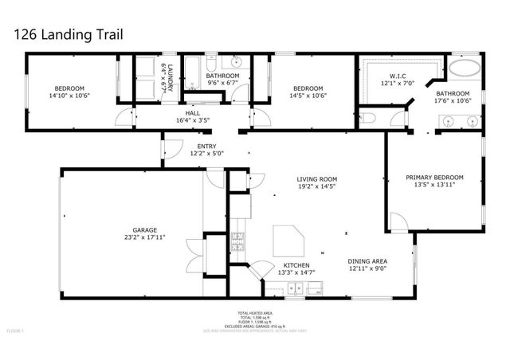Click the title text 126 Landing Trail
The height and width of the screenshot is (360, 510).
coord(64,36)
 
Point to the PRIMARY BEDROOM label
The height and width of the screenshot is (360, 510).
coord(434,178)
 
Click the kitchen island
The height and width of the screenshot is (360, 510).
coord(289,239)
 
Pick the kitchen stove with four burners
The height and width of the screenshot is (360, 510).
coord(237,241)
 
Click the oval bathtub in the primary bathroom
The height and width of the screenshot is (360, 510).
coord(465,68)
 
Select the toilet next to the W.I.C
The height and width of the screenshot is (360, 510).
coord(367,119)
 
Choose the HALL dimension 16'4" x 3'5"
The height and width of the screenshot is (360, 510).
coord(193,121)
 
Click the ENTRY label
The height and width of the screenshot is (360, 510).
coord(206,147)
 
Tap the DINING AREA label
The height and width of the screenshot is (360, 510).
coord(367,261)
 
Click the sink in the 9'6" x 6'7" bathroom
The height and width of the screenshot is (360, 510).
coord(237,64)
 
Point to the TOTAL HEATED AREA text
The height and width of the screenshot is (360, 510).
coord(255,312)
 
